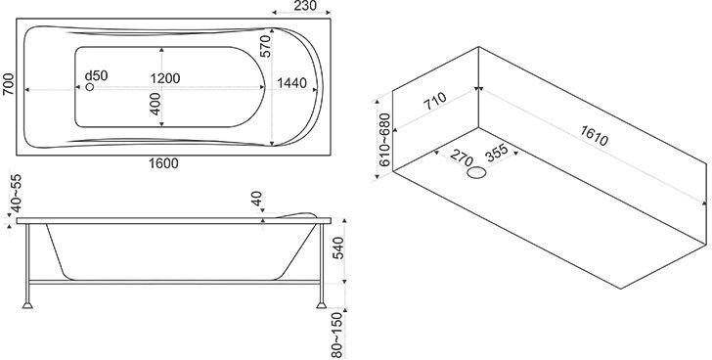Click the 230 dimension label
(305, 6)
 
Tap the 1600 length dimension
(164, 163)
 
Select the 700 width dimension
(8, 84)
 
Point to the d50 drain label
(97, 75)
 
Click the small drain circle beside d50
(90, 87)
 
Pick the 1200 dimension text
(165, 78)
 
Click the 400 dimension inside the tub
(156, 104)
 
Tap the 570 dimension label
(265, 46)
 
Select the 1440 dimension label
(292, 83)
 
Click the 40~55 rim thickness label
(16, 194)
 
